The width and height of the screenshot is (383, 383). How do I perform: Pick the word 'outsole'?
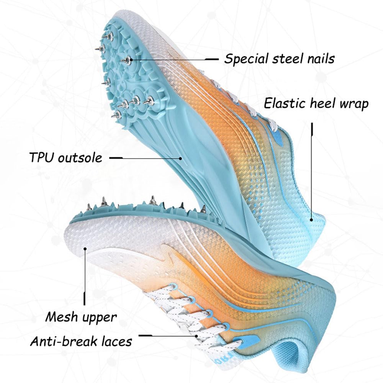[x=80, y=157]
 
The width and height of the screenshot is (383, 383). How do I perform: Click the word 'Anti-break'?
[x=64, y=341]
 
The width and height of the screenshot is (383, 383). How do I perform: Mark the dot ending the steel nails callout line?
[x=131, y=59]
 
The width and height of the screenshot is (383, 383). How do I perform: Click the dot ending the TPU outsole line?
[x=180, y=158]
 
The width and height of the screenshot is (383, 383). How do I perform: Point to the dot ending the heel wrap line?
[x=311, y=219]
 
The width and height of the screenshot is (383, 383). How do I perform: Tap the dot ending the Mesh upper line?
[x=85, y=249]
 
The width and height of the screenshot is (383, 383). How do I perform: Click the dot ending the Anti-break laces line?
[x=196, y=336]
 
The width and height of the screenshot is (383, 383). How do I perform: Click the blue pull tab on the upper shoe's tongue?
[x=277, y=137]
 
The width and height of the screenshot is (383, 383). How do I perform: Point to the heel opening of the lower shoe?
[x=288, y=352]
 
